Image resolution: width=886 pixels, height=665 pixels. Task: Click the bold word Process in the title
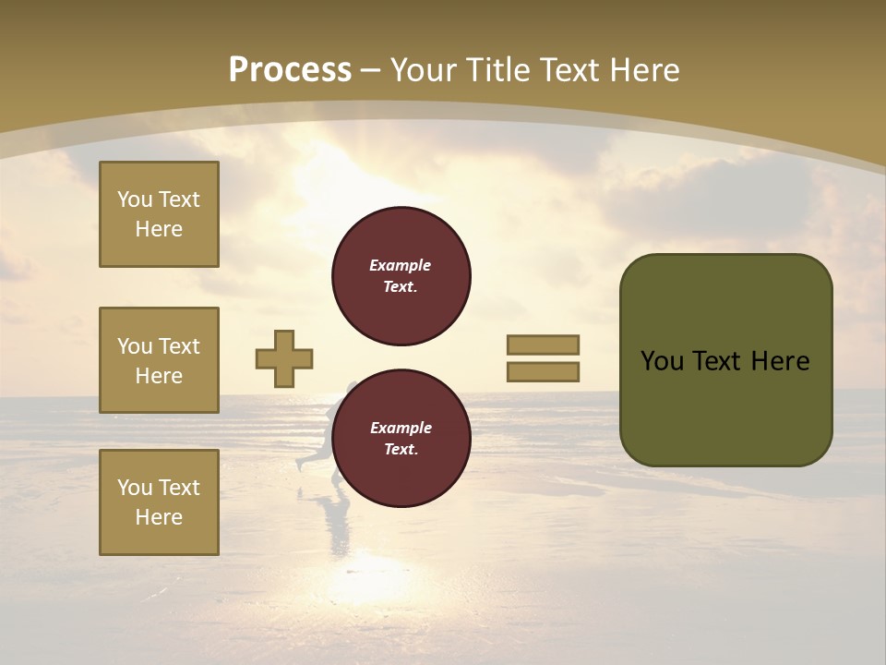click(290, 70)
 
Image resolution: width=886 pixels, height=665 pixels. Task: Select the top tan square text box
click(159, 214)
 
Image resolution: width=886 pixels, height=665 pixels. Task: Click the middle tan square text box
click(159, 360)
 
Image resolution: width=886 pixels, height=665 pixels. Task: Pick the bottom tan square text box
click(159, 502)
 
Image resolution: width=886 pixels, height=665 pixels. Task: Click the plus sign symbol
click(284, 358)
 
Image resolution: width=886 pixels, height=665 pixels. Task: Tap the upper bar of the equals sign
click(543, 345)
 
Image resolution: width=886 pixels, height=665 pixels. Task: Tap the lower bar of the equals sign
click(543, 372)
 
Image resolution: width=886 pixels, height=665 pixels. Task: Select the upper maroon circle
click(401, 275)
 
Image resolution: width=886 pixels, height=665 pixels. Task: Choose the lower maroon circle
click(401, 438)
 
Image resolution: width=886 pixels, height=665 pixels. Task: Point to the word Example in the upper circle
click(400, 265)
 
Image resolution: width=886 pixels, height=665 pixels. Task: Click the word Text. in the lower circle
click(400, 449)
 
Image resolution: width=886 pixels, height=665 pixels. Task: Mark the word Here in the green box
click(780, 361)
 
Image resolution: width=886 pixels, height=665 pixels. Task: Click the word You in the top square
click(134, 199)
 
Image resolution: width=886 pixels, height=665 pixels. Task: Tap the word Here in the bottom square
click(159, 517)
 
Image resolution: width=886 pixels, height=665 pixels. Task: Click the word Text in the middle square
click(178, 346)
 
